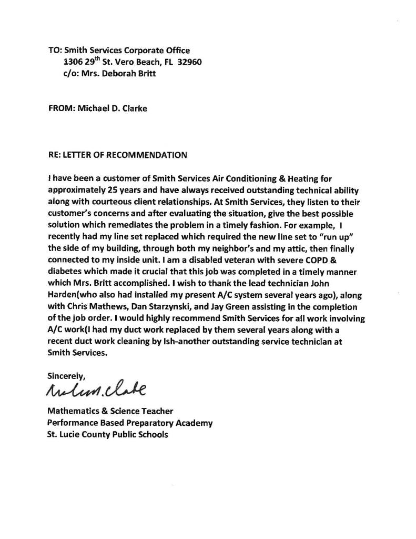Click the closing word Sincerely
66,376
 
